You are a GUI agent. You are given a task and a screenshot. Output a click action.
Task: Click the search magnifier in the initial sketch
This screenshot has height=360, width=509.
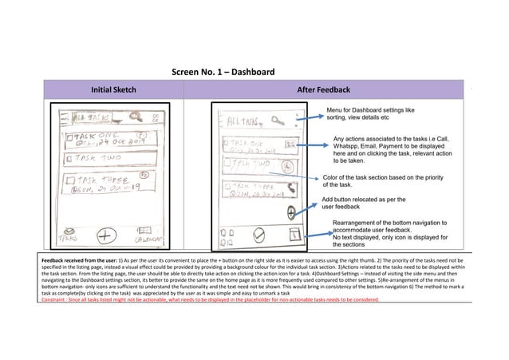(124, 117)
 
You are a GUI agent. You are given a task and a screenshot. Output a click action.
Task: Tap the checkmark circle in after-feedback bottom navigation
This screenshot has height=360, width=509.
(258, 234)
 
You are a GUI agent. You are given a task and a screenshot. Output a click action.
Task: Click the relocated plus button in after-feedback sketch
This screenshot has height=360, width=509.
(291, 212)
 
